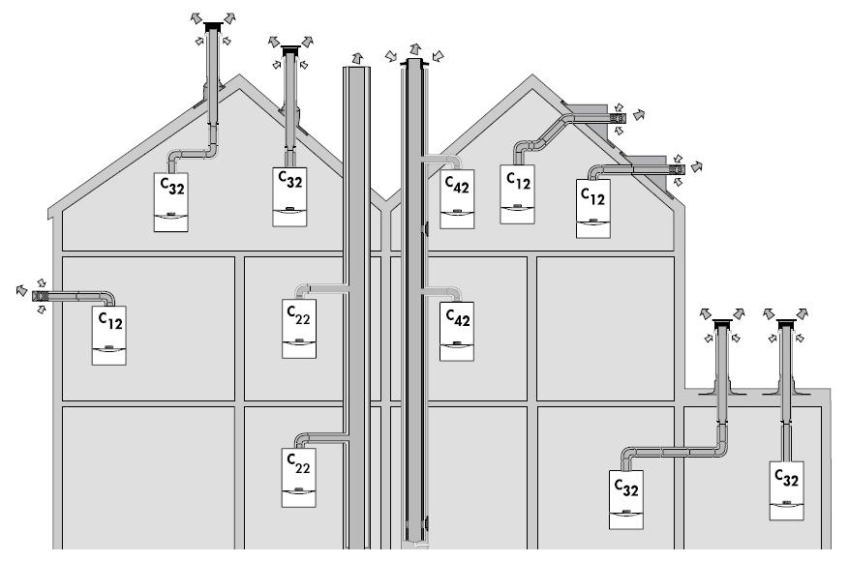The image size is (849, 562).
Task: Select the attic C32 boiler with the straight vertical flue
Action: tap(290, 197)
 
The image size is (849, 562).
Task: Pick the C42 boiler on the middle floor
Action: tap(457, 332)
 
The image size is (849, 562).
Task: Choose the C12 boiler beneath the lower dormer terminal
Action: tap(592, 208)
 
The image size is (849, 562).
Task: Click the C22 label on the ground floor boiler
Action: tap(298, 462)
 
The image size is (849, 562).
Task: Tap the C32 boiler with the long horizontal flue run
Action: tap(625, 498)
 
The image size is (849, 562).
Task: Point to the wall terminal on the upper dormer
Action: tap(617, 118)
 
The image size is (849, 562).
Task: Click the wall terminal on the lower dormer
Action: tap(675, 170)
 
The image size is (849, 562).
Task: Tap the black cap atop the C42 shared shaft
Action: tap(415, 63)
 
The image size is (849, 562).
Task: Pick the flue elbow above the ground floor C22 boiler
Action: tap(303, 440)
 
